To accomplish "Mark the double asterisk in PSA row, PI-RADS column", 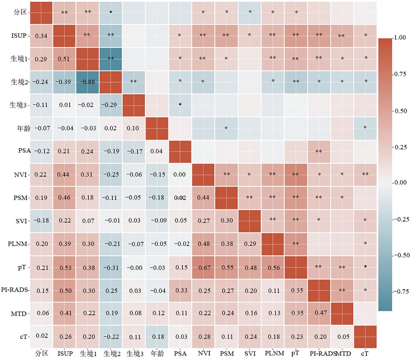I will click(319, 151).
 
